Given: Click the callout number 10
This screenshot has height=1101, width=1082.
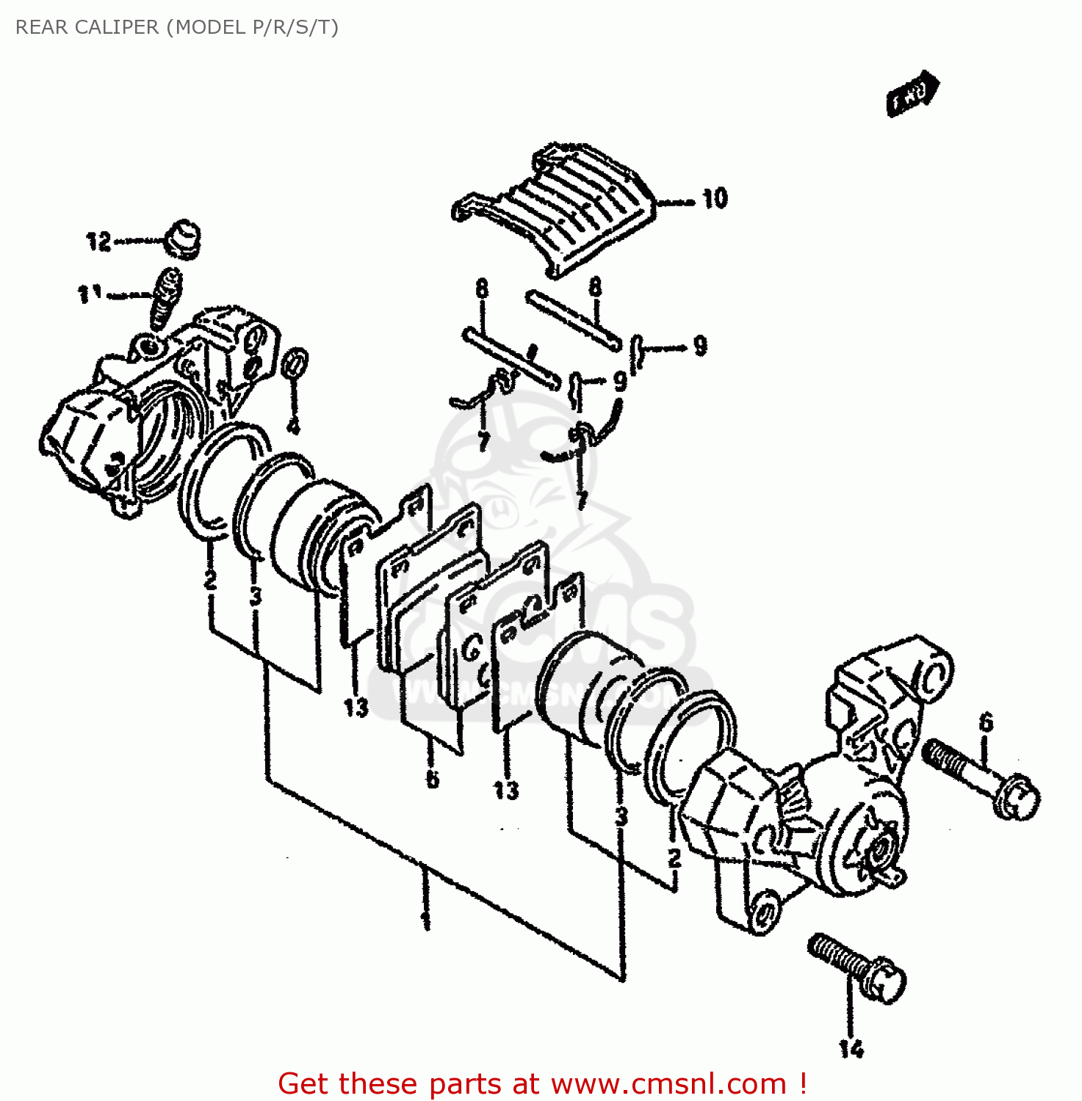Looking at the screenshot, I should (x=715, y=199).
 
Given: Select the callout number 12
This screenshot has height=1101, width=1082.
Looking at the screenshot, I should (x=98, y=241).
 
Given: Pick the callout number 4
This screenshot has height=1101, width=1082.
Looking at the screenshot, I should (x=293, y=426).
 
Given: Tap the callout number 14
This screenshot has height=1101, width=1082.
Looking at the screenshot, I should (x=852, y=1049).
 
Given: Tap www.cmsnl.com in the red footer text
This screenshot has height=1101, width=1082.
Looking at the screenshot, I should (x=668, y=1084).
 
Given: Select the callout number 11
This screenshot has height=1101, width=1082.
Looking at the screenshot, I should (x=89, y=294).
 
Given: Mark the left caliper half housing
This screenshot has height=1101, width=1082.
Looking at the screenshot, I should (x=147, y=411).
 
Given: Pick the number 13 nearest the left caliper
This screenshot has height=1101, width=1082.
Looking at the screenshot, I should (x=356, y=708).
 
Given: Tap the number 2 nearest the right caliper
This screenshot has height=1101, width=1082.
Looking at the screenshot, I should (x=674, y=857).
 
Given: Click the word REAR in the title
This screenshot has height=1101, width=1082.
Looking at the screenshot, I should (x=41, y=27).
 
